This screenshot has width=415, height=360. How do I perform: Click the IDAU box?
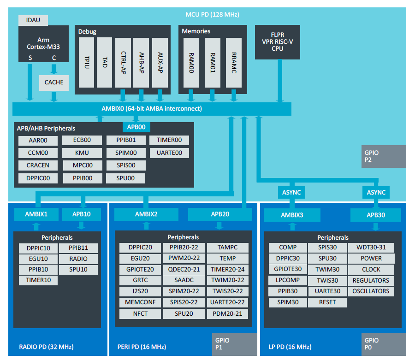(33, 20)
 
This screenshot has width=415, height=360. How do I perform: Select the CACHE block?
(54, 83)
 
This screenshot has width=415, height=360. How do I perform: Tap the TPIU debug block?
(87, 62)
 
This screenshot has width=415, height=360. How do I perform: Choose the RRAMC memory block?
(234, 62)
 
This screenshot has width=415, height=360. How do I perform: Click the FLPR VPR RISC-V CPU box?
(278, 42)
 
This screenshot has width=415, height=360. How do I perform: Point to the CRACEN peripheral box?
(38, 165)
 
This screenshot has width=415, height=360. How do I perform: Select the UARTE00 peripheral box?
(169, 153)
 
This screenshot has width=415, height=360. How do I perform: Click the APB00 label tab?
(136, 127)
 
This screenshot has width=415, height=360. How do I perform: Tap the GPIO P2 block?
(384, 156)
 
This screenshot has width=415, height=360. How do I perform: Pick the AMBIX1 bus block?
(36, 214)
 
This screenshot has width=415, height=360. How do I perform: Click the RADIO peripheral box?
(78, 259)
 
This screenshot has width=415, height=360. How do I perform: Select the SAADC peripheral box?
(184, 280)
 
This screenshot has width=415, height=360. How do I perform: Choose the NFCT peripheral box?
(140, 314)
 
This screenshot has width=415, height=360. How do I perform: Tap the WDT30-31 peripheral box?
(371, 248)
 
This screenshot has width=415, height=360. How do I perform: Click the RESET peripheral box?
(327, 302)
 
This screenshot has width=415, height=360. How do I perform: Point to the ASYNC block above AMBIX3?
(291, 192)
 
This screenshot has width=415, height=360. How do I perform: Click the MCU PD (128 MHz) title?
(212, 15)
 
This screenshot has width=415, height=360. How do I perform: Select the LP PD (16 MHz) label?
(290, 347)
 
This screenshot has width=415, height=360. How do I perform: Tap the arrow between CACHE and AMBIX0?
(54, 96)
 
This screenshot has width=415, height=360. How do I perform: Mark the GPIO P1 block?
(235, 344)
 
